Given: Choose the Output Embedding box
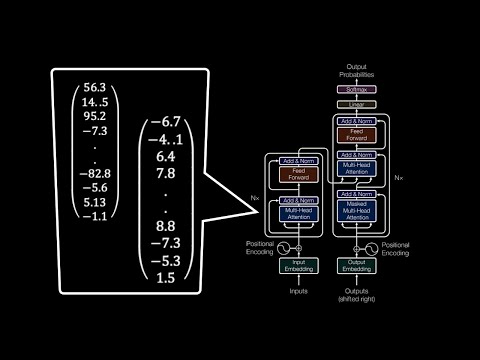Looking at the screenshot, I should point(358,264).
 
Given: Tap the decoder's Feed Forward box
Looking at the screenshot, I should point(358,131).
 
